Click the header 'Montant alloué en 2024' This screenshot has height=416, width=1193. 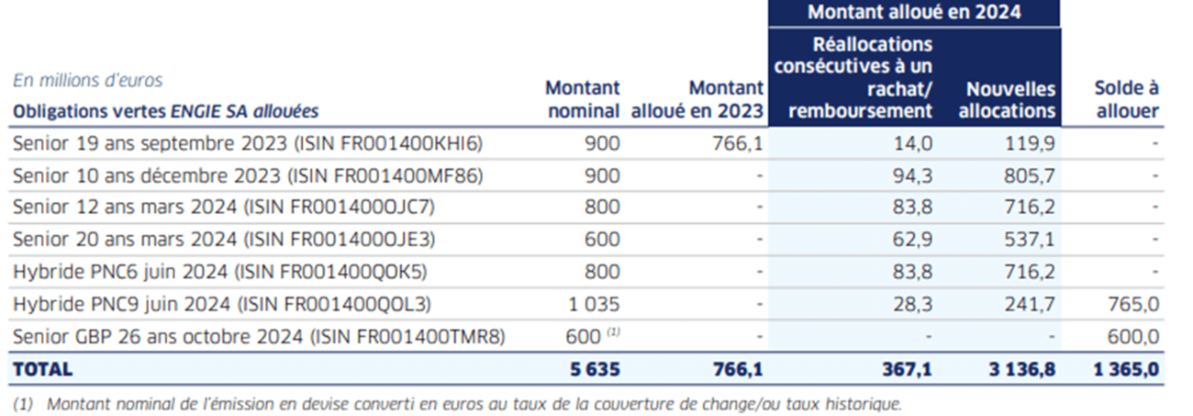point(914,13)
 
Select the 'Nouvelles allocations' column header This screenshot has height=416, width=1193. point(1011,100)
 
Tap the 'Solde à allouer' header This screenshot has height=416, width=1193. point(1126,100)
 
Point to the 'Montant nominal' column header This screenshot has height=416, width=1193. point(582,100)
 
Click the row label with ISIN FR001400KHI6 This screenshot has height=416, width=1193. point(248,143)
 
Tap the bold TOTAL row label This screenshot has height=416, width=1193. point(42,369)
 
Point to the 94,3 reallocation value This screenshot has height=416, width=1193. point(913,175)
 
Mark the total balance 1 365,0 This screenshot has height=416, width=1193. point(1128,369)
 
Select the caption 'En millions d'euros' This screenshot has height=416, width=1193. point(88,81)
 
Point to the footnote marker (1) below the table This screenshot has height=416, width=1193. point(25,403)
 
